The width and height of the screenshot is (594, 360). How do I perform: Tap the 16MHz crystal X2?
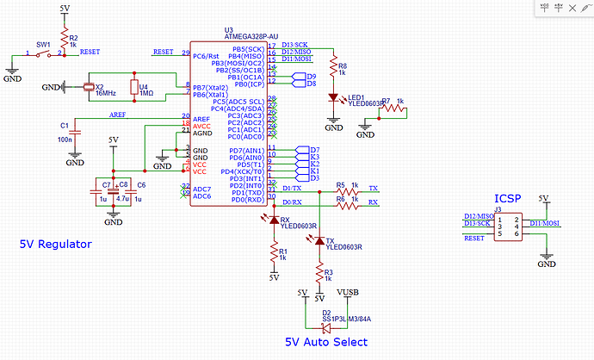87,87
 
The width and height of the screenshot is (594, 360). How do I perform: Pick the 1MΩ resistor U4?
133,87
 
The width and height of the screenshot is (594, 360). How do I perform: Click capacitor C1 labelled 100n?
75,132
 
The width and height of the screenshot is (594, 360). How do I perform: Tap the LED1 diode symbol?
333,98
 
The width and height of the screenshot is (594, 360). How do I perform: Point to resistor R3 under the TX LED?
319,273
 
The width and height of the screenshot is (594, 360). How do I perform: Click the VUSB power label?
348,293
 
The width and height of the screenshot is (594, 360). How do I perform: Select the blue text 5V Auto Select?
325,342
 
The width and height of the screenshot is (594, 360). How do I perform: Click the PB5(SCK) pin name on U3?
248,49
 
